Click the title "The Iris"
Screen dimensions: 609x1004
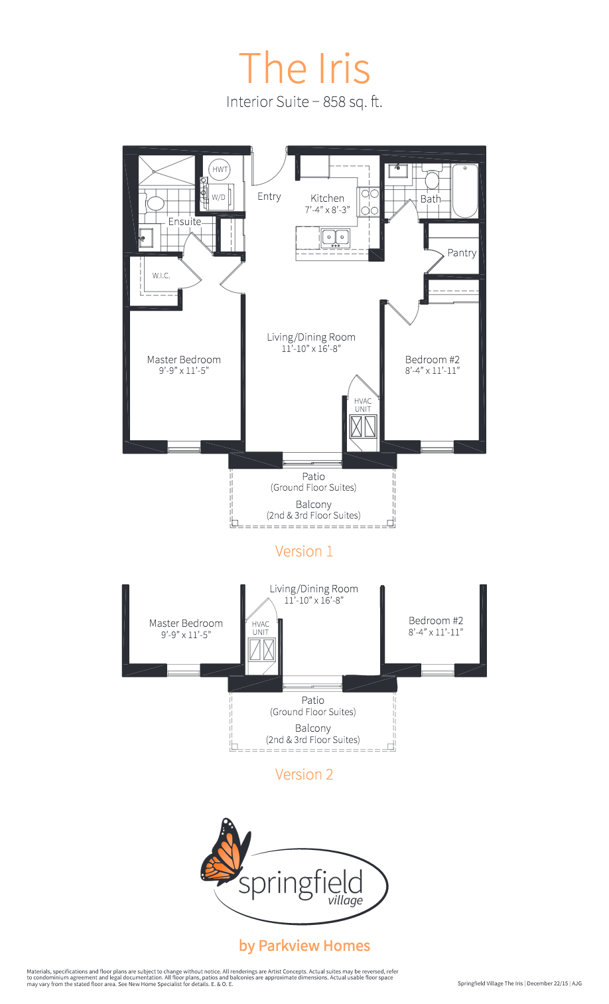coord(304,68)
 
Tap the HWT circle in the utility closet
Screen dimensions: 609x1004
coord(220,169)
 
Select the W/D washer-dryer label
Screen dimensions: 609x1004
coord(218,197)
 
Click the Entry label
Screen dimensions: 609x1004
coord(269,197)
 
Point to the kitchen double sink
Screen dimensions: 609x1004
coord(336,237)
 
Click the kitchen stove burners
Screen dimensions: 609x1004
coord(370,202)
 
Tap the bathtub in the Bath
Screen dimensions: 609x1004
coord(465,191)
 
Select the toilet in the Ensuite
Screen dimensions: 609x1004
coord(154,203)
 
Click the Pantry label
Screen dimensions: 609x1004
coord(462,253)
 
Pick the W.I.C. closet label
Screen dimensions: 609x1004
coord(161,276)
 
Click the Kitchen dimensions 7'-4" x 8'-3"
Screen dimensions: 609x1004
coord(327,210)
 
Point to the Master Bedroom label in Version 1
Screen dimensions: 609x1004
coord(184,359)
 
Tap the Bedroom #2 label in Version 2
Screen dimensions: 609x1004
coord(436,620)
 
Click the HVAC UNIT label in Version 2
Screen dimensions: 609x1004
coord(261,628)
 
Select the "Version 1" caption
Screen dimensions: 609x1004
coord(304,551)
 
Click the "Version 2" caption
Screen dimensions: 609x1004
coord(304,774)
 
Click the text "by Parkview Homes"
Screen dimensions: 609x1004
coord(304,946)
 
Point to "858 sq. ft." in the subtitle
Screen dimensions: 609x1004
coord(353,102)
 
